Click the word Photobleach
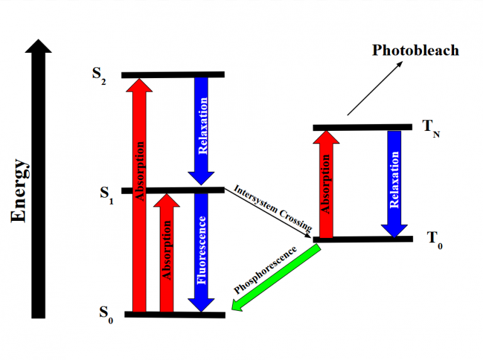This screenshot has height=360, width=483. pyautogui.click(x=415, y=50)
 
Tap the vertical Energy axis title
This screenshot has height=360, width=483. pyautogui.click(x=19, y=189)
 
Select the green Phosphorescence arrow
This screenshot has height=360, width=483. pyautogui.click(x=277, y=278)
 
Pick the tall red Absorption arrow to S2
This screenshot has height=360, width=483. pyautogui.click(x=139, y=195)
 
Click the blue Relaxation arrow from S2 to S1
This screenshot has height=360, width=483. pyautogui.click(x=202, y=129)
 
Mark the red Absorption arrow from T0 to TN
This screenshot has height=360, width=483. pyautogui.click(x=325, y=183)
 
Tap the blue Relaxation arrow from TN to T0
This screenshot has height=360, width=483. pyautogui.click(x=394, y=183)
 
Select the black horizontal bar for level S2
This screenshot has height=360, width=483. pyautogui.click(x=173, y=74)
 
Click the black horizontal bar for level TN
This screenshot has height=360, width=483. pyautogui.click(x=362, y=127)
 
